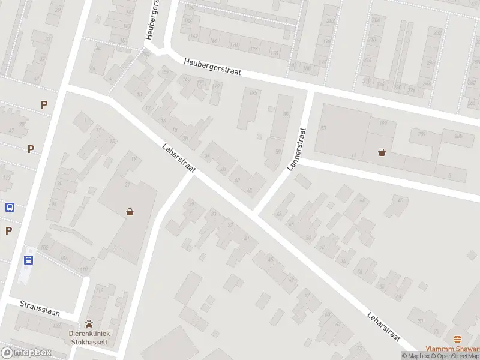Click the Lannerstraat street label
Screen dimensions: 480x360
point(298,149)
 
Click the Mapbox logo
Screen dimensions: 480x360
point(26,353)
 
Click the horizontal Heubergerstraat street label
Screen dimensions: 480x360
point(212,66)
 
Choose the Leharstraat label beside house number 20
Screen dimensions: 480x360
point(179,160)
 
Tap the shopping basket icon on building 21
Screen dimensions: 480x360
point(130,211)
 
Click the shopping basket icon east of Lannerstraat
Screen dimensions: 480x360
point(382,152)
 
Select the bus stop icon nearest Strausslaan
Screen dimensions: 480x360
point(28,260)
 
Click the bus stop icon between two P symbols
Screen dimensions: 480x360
point(10,208)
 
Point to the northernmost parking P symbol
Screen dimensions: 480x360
point(44,104)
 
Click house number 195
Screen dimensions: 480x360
point(253,92)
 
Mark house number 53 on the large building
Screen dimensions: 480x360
point(323,128)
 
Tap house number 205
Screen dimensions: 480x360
point(459,136)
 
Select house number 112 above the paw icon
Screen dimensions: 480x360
point(100,290)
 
